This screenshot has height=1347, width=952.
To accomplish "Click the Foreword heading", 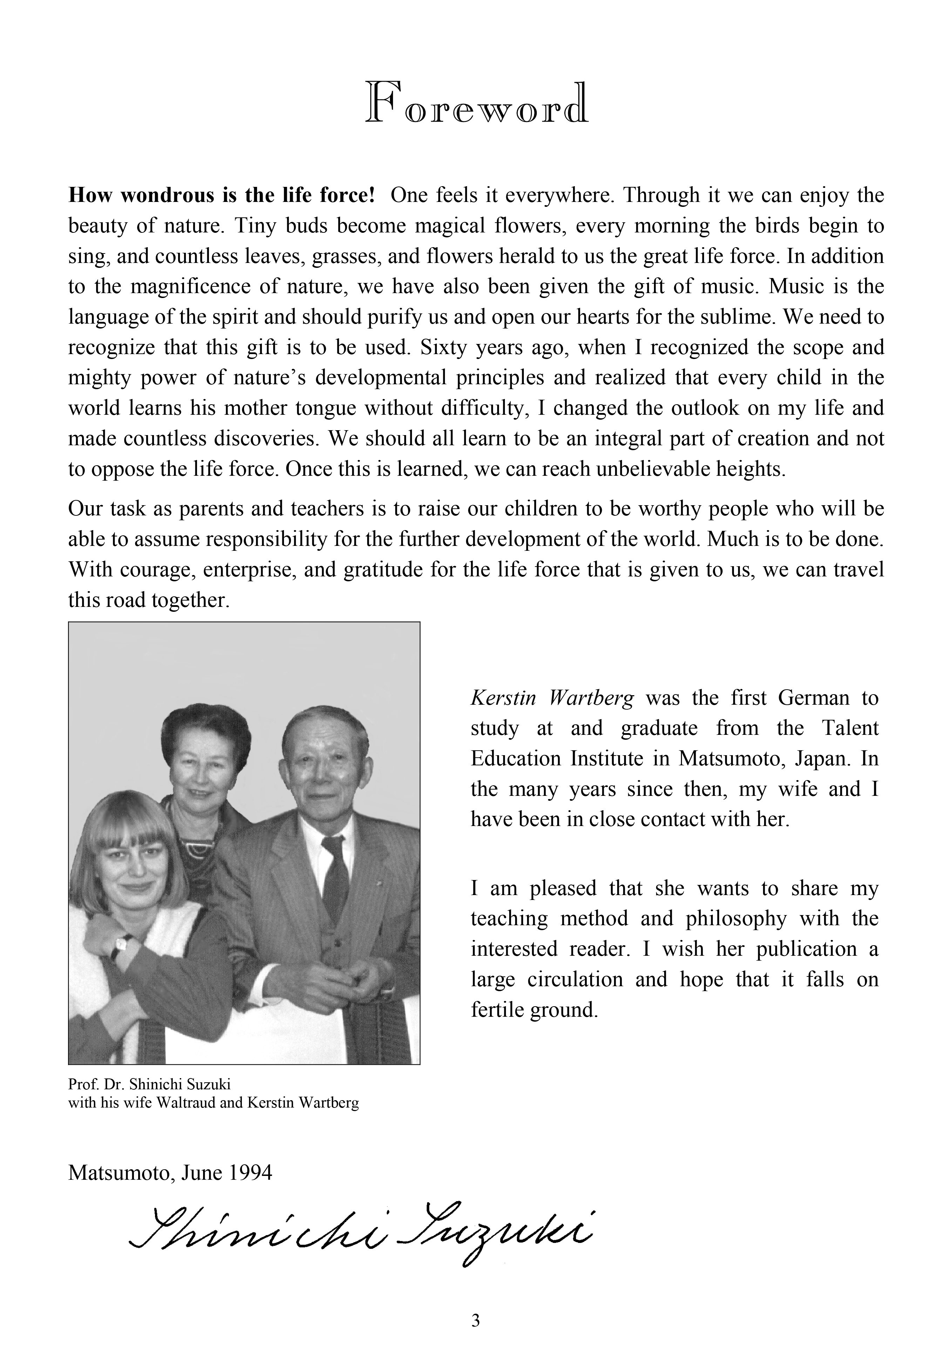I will tap(476, 103).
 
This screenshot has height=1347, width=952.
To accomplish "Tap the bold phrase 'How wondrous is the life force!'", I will tap(221, 195).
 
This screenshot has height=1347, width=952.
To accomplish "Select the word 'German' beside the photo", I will tap(813, 698).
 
